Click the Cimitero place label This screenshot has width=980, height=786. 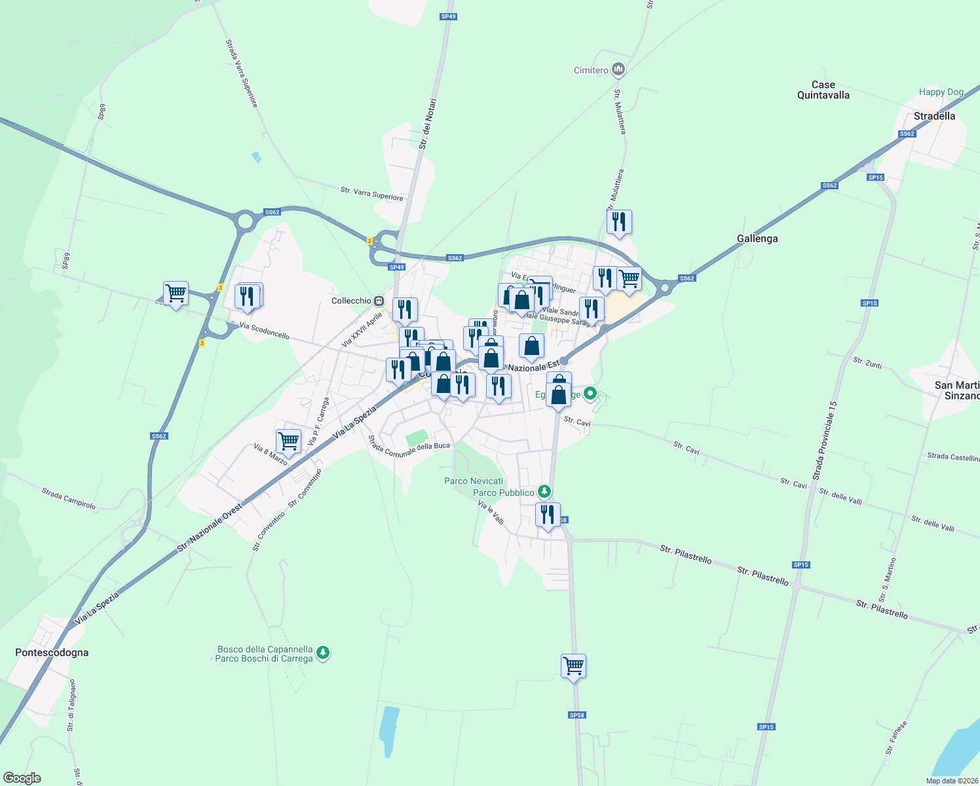click(x=591, y=70)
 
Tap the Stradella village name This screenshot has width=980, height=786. click(x=934, y=116)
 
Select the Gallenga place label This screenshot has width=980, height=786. click(x=757, y=238)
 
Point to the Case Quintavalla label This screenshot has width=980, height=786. click(x=823, y=90)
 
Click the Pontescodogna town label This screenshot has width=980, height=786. click(x=52, y=652)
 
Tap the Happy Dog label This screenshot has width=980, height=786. click(x=941, y=92)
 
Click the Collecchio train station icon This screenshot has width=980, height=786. click(x=379, y=301)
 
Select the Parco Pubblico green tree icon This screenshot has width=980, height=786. click(x=544, y=491)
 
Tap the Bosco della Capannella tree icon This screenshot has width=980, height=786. click(x=322, y=652)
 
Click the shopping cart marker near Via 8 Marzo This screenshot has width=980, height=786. click(x=288, y=441)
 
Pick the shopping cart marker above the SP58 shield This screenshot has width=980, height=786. click(x=573, y=665)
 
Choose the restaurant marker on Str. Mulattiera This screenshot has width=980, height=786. click(x=619, y=222)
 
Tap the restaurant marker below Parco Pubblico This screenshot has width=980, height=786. click(x=548, y=514)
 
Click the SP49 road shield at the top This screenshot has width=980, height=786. click(x=448, y=16)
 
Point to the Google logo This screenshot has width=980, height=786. click(x=22, y=778)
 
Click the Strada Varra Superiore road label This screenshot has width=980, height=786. click(x=242, y=73)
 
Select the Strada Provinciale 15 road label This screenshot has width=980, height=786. click(x=824, y=441)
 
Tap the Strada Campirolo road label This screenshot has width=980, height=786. click(x=69, y=498)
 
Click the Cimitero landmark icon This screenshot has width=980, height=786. click(x=618, y=69)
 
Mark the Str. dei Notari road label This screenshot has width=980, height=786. click(x=427, y=124)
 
